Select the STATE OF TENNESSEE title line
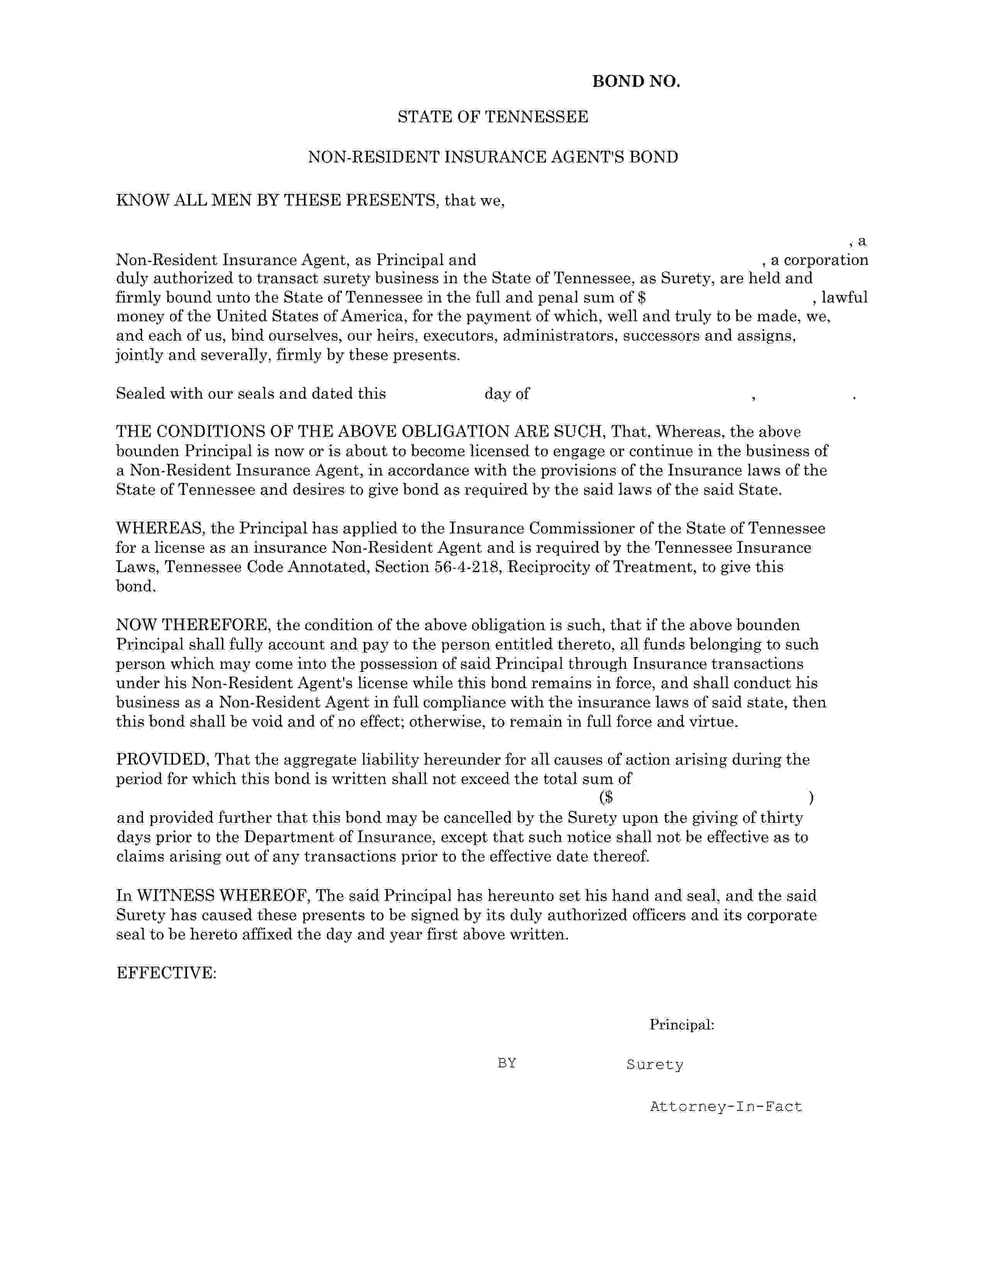click(492, 117)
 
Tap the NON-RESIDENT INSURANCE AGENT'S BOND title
click(492, 157)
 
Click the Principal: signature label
click(681, 1025)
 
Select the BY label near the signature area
click(506, 1063)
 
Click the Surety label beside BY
click(654, 1064)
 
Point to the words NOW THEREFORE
click(193, 625)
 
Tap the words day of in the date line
click(506, 394)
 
